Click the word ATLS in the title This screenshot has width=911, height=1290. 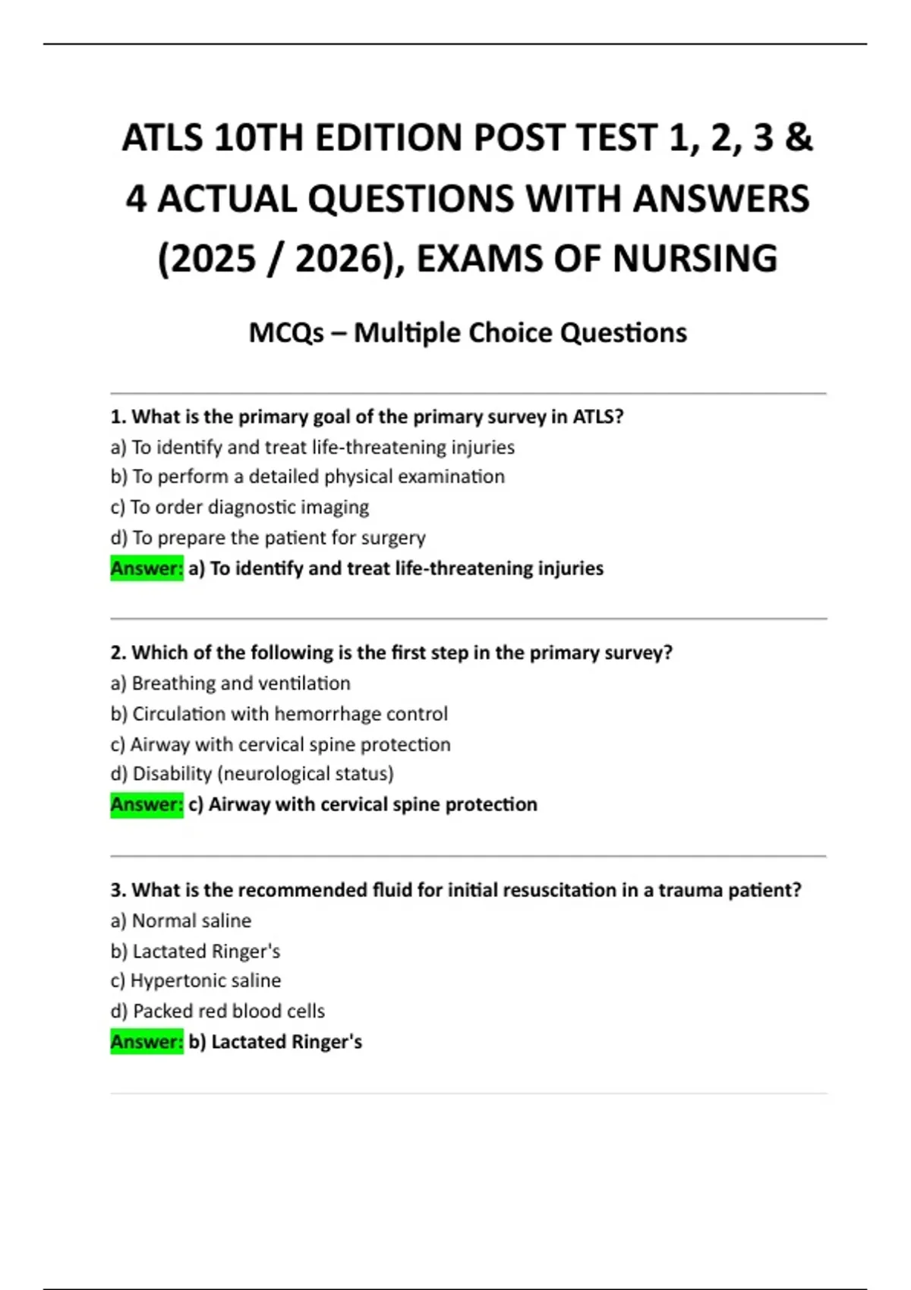[x=162, y=138]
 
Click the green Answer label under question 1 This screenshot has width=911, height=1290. [x=147, y=568]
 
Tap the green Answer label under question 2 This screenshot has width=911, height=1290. [x=147, y=804]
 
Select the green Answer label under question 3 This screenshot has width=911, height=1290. [x=147, y=1042]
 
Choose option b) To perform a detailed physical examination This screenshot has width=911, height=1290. [x=307, y=477]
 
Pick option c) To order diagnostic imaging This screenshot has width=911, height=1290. [x=240, y=507]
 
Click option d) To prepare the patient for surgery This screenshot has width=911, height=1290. [x=268, y=538]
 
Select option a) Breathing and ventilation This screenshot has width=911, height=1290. [x=231, y=684]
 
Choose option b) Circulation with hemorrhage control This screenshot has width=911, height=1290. [x=279, y=714]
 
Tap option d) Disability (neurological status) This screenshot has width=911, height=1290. [x=252, y=774]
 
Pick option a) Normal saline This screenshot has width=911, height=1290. [x=181, y=920]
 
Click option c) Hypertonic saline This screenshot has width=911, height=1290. [x=196, y=980]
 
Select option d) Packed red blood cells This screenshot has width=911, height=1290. [x=218, y=1011]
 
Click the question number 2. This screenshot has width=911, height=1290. [x=118, y=653]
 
